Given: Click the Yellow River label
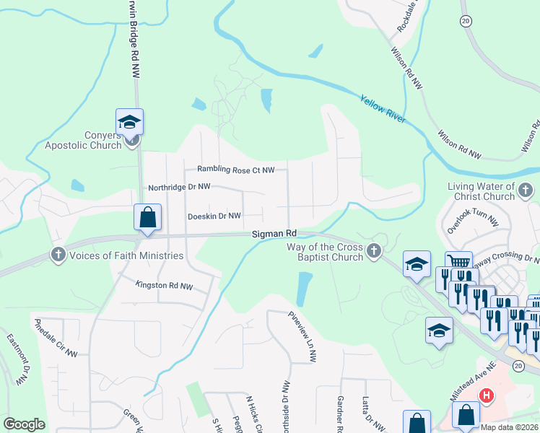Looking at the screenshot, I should tap(383, 110).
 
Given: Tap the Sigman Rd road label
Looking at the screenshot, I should tap(274, 234).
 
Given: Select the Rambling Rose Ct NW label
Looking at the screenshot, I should tap(237, 170).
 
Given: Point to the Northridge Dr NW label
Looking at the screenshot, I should tap(179, 187).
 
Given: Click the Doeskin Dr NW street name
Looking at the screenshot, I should tap(214, 216).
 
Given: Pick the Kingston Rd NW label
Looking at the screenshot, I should tap(165, 286).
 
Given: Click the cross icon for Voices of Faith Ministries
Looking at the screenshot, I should tap(58, 255).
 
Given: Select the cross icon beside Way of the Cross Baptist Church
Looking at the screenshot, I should tap(373, 251).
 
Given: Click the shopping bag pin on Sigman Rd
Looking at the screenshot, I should tap(147, 218).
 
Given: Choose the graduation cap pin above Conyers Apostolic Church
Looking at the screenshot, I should tap(129, 121).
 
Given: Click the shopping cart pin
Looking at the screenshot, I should tap(458, 263).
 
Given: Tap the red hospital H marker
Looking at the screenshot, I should tap(487, 395).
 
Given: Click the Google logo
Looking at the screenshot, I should tap(24, 424).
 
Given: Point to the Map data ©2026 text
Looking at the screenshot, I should tap(509, 427).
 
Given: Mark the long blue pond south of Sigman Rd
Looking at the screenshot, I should tap(304, 289).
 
